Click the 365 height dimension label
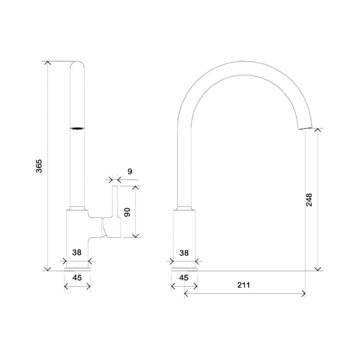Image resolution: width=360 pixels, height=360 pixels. coord(39,166)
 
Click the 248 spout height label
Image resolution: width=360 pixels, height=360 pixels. coord(309,199)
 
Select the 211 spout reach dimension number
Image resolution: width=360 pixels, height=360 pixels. coord(243,285)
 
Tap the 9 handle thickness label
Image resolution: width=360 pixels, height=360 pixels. coord(130,172)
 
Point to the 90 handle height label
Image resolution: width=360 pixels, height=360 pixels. coord(128,212)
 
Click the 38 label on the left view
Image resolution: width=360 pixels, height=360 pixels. coord(77,252)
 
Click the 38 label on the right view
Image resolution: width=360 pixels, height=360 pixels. coord(184,252)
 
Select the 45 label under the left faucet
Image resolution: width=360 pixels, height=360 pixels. coord(77,278)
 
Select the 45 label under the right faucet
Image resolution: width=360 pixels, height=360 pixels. coord(184,278)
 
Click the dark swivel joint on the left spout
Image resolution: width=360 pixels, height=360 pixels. coord(77,129)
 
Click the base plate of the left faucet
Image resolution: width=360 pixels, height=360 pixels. coord(77,269)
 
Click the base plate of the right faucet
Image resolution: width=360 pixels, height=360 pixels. coord(184,269)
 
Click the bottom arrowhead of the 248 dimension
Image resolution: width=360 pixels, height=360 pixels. coord(318,269)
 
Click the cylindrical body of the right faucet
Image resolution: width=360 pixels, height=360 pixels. coord(184,236)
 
